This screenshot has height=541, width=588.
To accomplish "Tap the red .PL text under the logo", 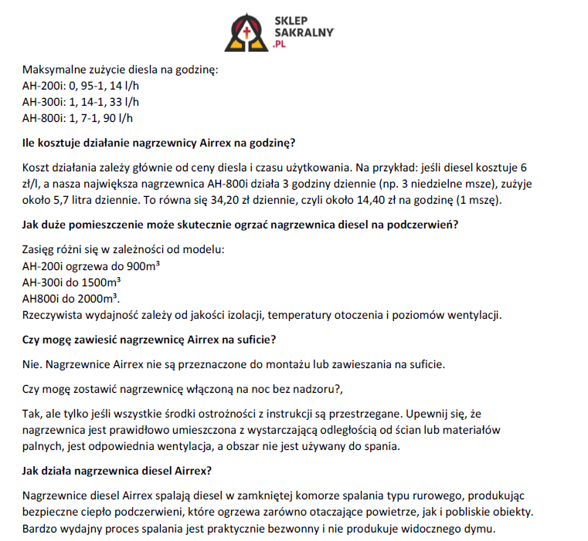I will click(x=280, y=46).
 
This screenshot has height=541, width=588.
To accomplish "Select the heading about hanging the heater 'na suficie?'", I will click(x=149, y=340).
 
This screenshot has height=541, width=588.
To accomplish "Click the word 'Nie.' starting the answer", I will click(x=33, y=364).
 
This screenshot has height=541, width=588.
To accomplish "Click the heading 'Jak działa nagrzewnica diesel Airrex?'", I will click(x=117, y=471).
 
